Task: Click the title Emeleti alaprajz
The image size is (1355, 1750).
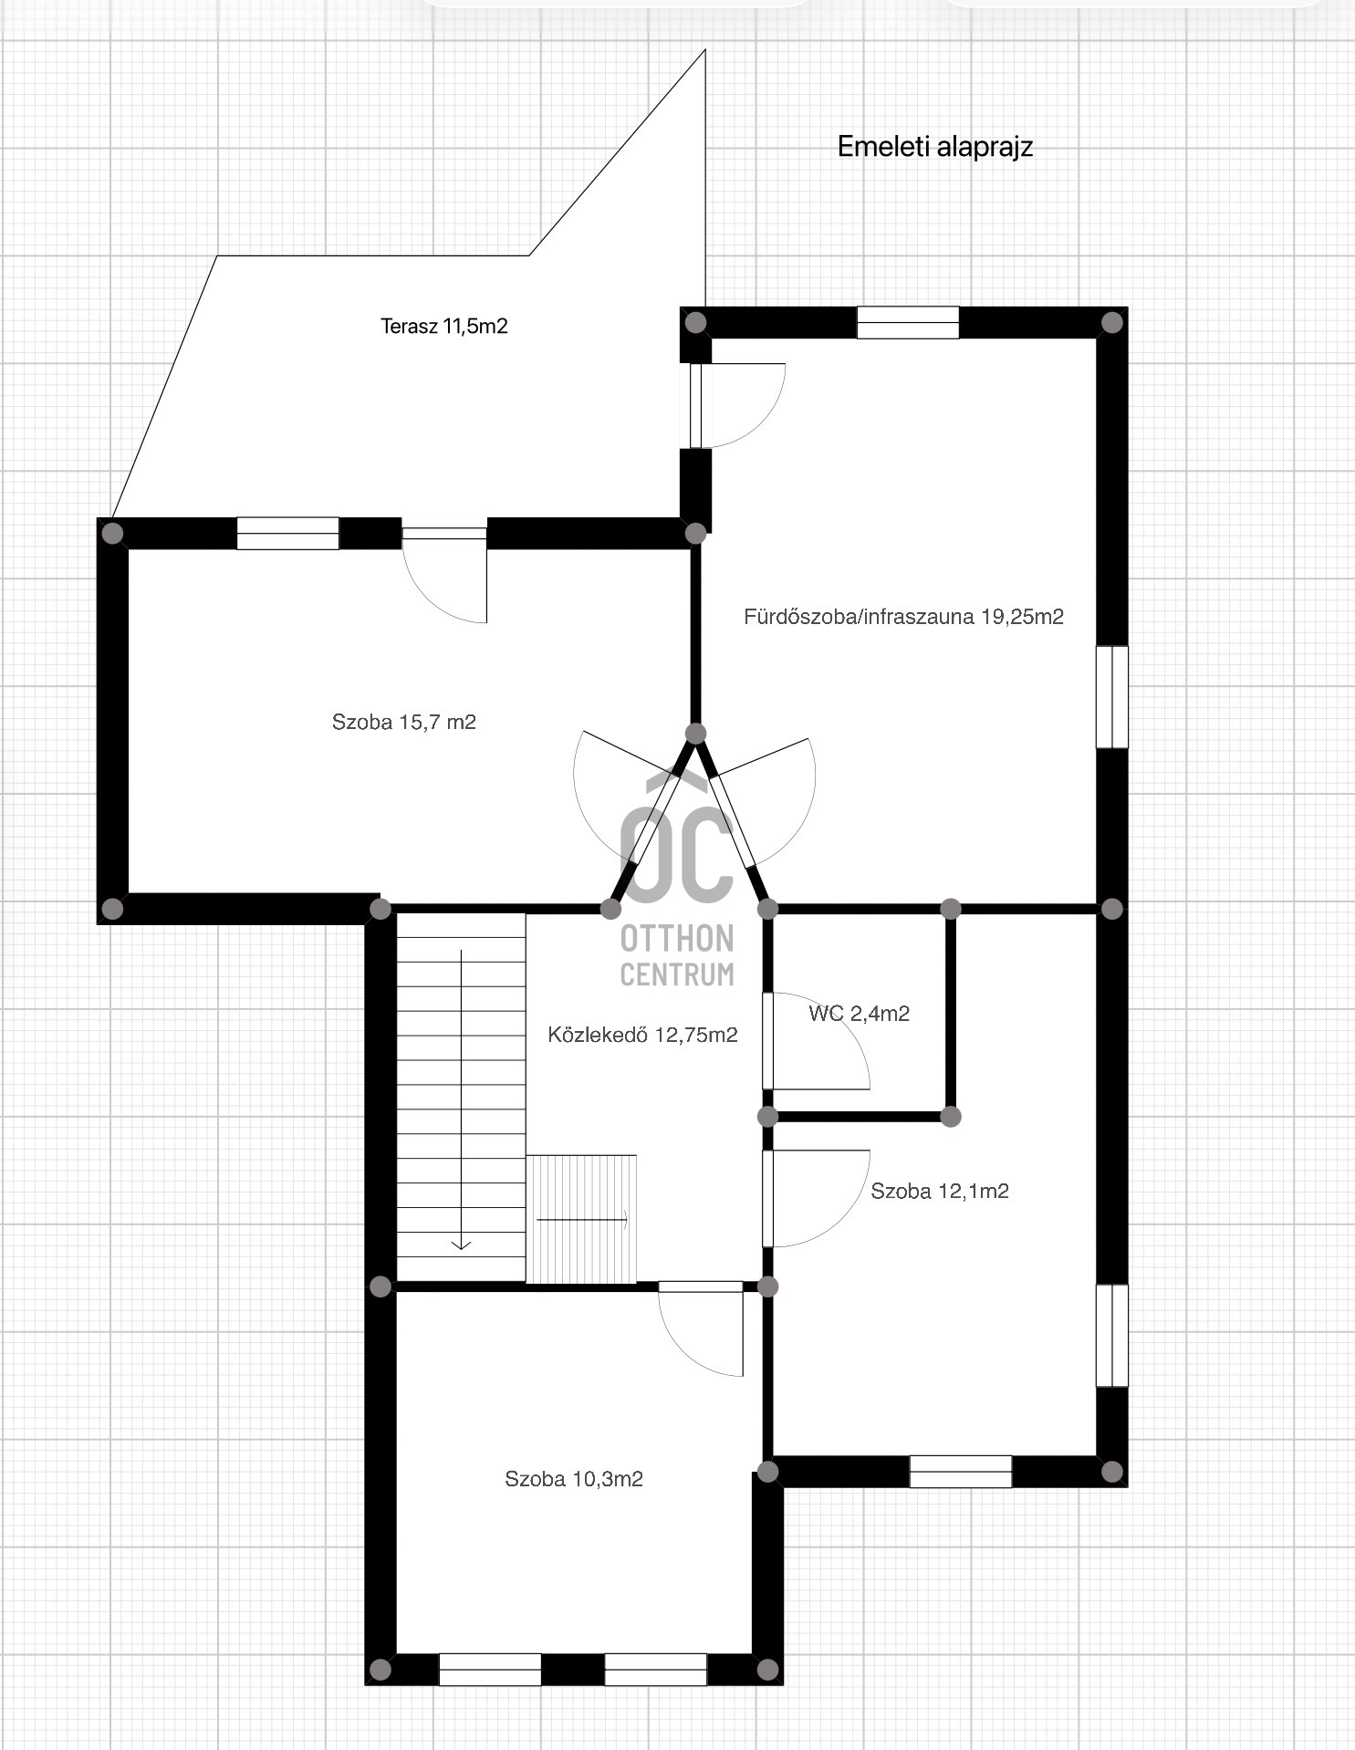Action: (x=935, y=147)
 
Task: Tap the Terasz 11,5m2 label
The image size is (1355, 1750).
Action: (x=443, y=326)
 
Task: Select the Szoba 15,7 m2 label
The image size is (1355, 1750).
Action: (x=403, y=722)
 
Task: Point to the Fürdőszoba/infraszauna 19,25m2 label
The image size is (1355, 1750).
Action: (x=903, y=616)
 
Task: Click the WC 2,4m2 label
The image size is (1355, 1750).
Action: (x=859, y=1013)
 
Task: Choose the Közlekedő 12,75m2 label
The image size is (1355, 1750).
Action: (x=642, y=1034)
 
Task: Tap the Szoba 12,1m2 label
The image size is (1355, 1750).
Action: (x=940, y=1190)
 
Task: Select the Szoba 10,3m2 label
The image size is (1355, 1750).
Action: (x=574, y=1478)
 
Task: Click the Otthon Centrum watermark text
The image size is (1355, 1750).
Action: (x=677, y=955)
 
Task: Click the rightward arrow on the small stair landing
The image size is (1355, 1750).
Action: (x=582, y=1219)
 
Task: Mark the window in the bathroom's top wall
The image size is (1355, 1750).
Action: (x=908, y=322)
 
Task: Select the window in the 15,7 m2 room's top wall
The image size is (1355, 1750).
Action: (x=287, y=533)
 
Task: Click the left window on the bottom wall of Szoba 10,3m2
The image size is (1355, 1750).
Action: (x=490, y=1670)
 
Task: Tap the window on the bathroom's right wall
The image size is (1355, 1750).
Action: (x=1112, y=697)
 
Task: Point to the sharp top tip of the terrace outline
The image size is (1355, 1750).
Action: (x=705, y=50)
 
